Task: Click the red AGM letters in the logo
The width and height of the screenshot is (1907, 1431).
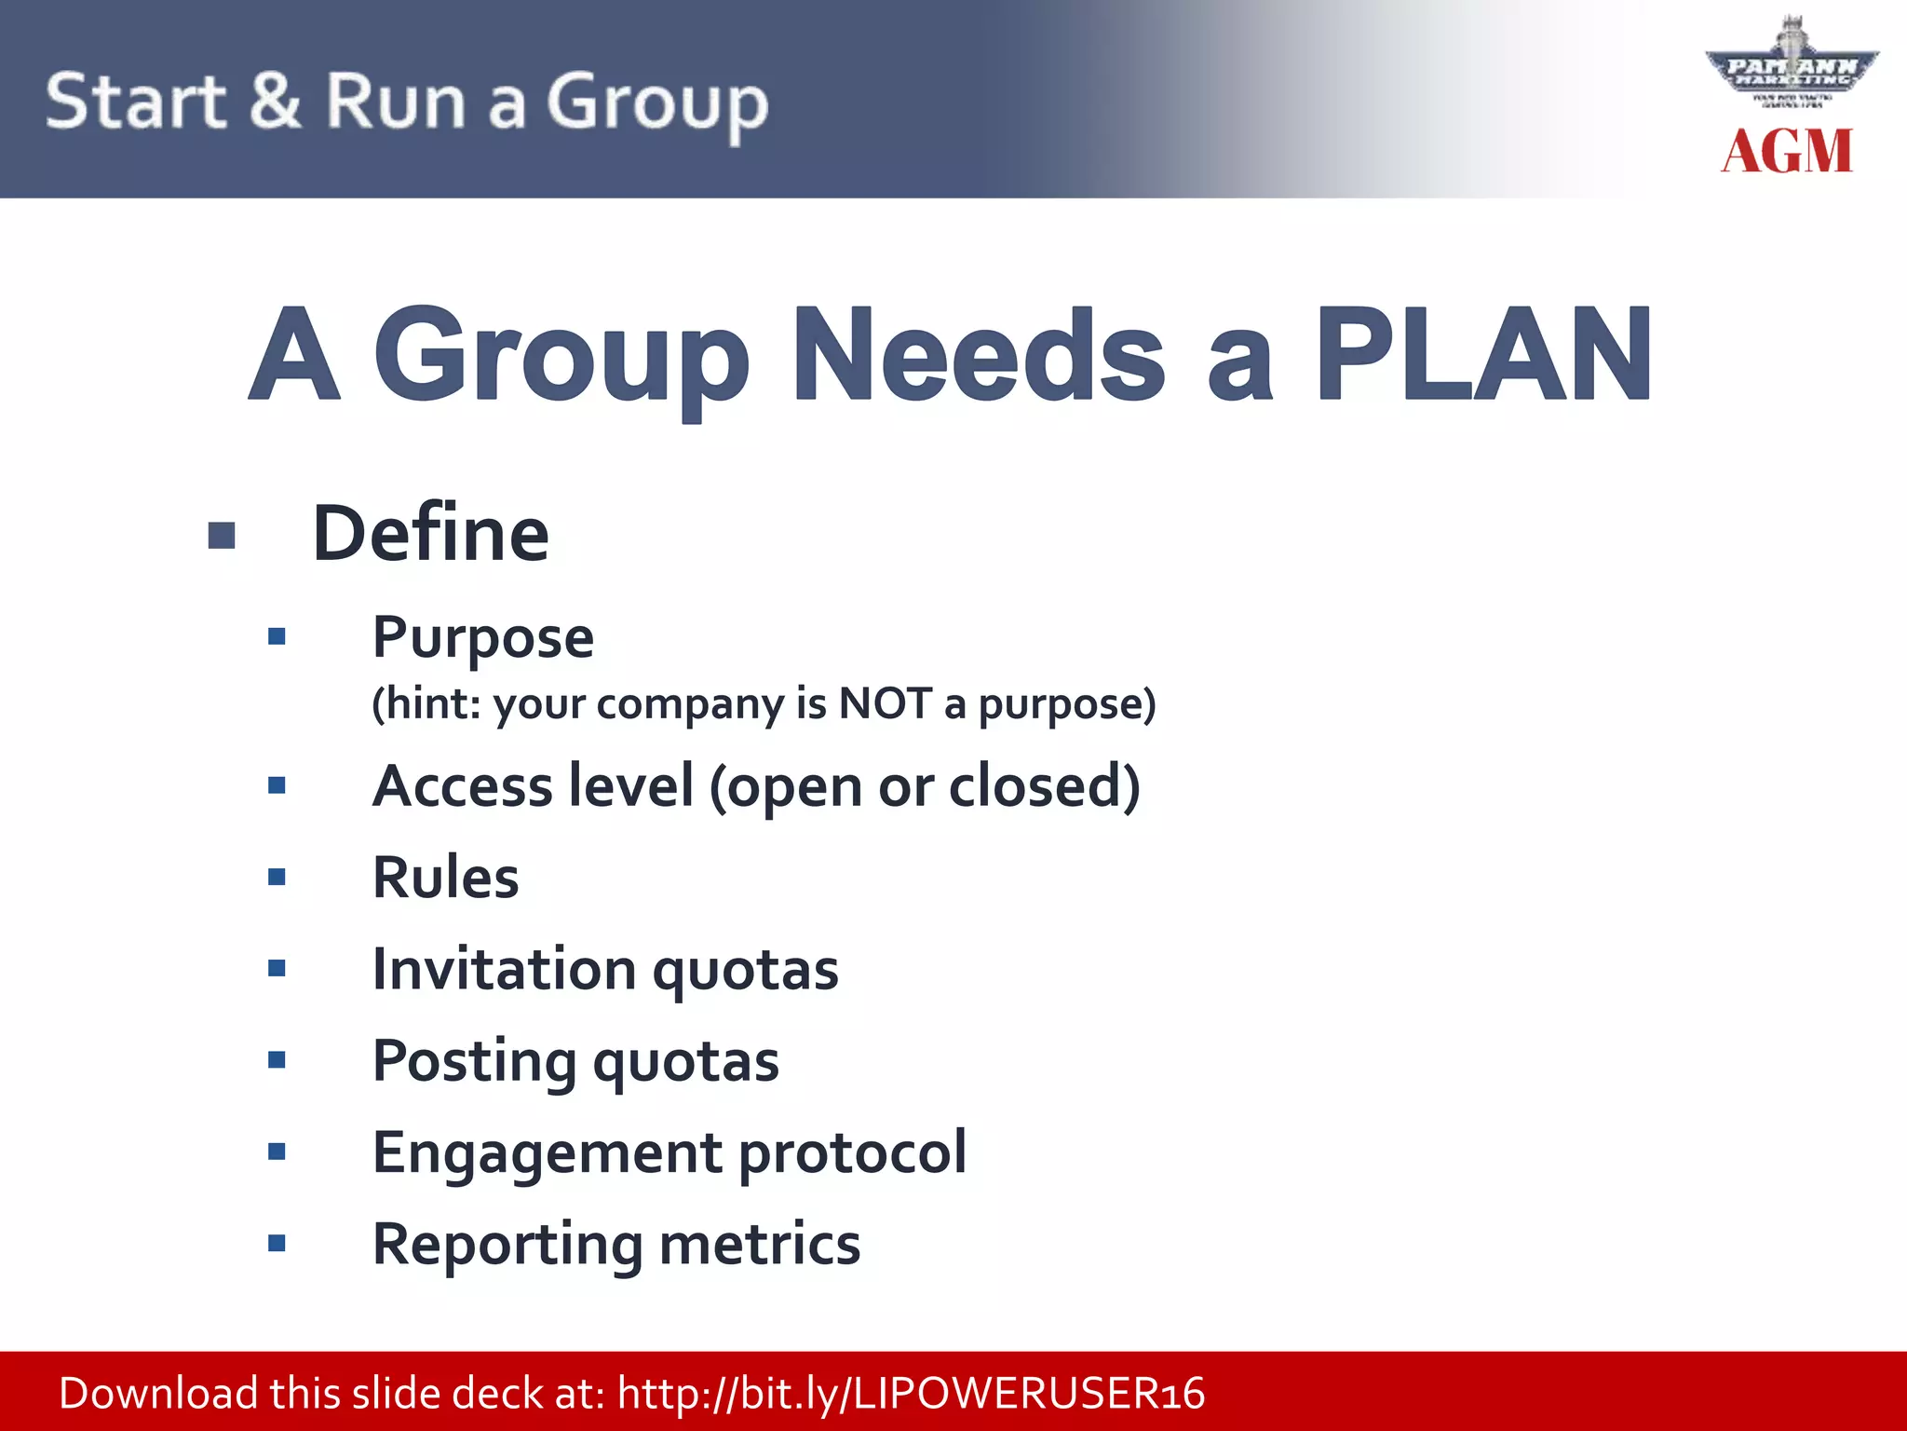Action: tap(1787, 152)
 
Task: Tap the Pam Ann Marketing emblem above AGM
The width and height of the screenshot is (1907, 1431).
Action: tap(1791, 65)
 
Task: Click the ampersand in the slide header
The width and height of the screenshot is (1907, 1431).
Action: tap(275, 101)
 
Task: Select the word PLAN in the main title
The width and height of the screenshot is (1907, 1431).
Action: tap(1483, 356)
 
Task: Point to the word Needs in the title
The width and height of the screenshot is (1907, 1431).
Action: tap(978, 356)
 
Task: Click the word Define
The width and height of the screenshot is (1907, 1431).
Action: tap(430, 534)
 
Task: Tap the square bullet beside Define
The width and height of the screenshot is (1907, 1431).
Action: tap(222, 536)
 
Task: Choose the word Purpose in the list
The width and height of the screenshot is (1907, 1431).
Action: tap(482, 638)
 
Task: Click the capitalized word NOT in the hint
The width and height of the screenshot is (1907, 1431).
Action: tap(885, 703)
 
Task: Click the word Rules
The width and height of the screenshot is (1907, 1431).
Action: tap(445, 878)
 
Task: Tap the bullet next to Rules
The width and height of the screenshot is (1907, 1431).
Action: tap(277, 877)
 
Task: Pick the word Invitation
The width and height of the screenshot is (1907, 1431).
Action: tap(504, 969)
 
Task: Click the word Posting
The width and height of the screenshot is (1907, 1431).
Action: tap(474, 1062)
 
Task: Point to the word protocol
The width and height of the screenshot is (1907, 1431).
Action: tap(852, 1153)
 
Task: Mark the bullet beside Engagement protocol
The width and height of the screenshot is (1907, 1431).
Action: tap(277, 1152)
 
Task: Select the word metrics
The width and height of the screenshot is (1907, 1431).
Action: tap(760, 1245)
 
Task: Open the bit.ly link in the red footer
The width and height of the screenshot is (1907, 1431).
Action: tap(911, 1394)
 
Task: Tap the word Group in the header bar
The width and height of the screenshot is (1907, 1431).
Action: tap(656, 102)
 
